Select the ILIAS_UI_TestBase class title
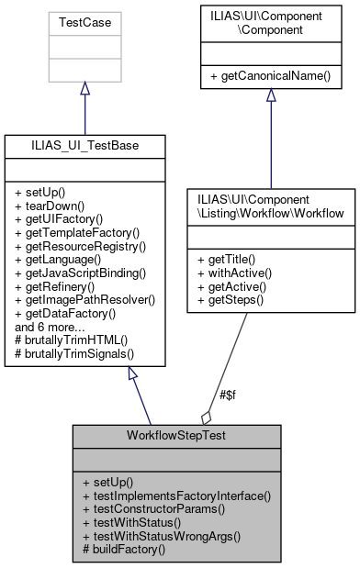click(x=84, y=145)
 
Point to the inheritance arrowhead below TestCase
click(x=84, y=89)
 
